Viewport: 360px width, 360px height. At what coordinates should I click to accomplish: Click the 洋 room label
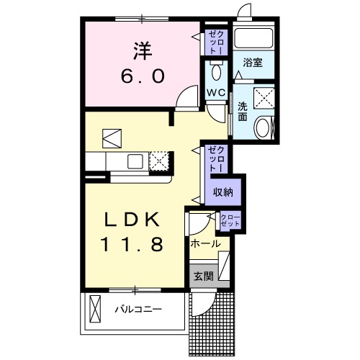(140, 51)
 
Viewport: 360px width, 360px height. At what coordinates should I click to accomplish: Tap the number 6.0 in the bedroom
(140, 76)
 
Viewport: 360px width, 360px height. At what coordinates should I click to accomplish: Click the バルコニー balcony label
(138, 310)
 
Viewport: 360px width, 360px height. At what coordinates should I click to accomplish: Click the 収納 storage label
(222, 192)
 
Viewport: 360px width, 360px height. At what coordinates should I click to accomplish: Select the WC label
(216, 93)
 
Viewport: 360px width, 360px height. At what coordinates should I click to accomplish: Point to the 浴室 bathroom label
(252, 63)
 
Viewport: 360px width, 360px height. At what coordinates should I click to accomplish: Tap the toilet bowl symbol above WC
(216, 72)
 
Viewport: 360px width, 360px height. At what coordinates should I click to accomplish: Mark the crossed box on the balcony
(96, 310)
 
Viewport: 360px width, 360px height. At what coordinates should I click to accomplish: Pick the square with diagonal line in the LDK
(112, 137)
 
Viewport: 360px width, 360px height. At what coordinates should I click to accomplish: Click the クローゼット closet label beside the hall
(230, 221)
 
